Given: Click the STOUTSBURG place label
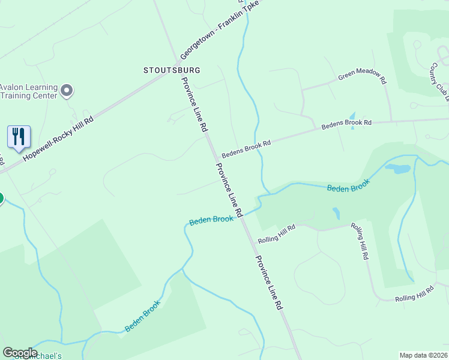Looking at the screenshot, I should tap(172, 70).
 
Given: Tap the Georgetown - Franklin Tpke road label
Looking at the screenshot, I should tap(220, 34).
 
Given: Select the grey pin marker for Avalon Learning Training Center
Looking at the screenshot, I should tap(67, 91).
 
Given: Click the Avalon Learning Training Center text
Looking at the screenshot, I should tap(28, 91).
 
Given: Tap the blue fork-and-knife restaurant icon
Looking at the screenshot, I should tap(19, 137).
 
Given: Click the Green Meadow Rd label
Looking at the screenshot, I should tap(362, 74).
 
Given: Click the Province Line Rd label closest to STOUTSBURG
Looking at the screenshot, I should tap(195, 104).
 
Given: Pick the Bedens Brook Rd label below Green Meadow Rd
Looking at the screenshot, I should tap(346, 125).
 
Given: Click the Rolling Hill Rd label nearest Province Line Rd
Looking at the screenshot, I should tap(277, 234).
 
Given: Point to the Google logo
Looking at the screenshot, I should tap(20, 352).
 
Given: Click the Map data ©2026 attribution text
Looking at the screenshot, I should tap(423, 355).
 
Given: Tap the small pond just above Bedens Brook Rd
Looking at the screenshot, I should tap(352, 115).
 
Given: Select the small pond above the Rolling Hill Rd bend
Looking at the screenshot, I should tap(336, 213).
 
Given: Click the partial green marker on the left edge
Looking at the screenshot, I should tap(1, 199).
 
